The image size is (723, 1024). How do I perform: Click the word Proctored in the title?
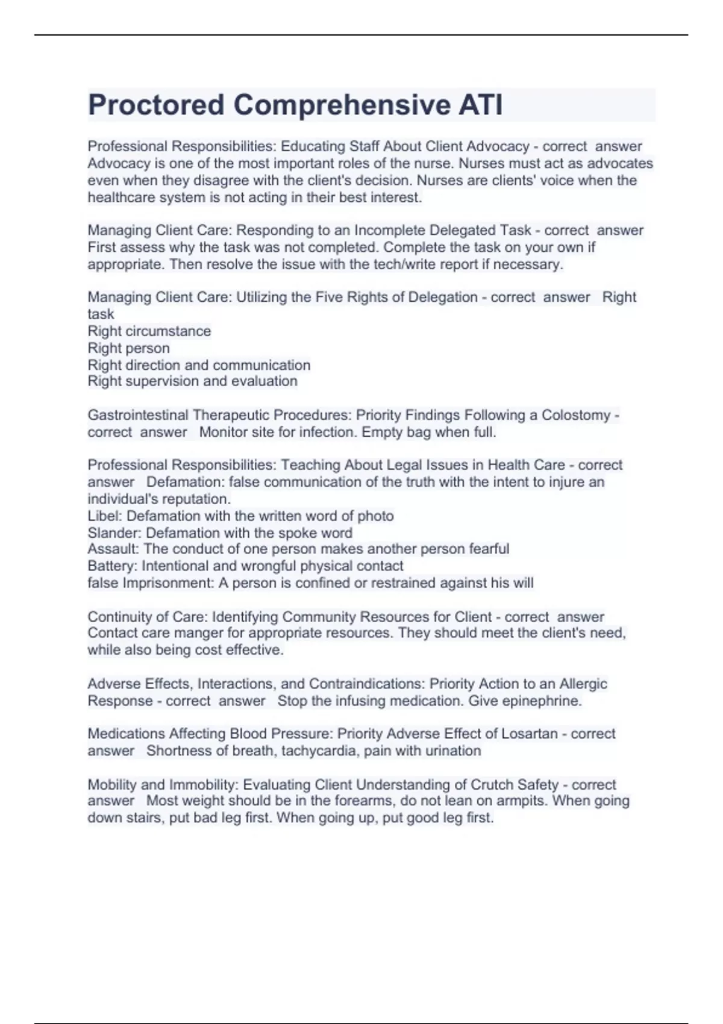[x=156, y=105]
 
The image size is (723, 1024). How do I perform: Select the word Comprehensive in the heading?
[x=342, y=105]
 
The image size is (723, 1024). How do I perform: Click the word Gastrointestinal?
[x=138, y=415]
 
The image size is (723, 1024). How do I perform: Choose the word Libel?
[x=104, y=516]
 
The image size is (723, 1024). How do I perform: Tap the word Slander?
[x=114, y=532]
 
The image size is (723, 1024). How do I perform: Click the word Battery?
[x=111, y=566]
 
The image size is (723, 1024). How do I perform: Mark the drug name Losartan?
[x=532, y=734]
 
